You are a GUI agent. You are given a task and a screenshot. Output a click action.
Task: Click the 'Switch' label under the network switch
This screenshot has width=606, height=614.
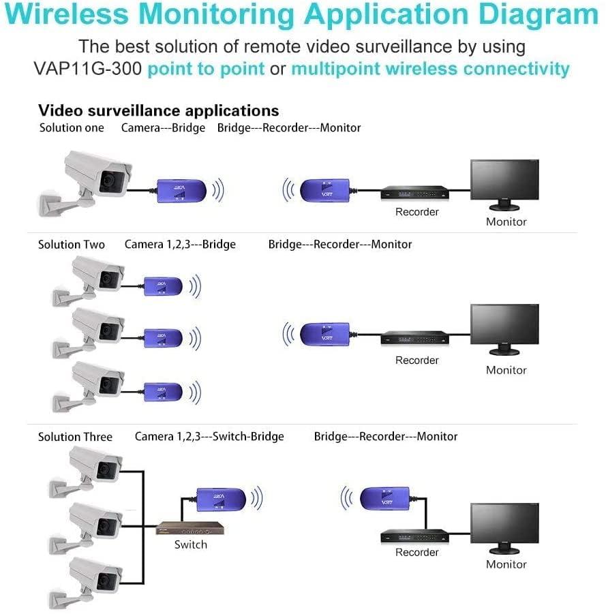point(190,544)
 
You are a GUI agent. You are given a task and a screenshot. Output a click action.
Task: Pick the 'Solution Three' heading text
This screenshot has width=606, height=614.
point(75,437)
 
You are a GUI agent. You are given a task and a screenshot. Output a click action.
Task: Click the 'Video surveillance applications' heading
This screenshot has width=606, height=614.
point(158,110)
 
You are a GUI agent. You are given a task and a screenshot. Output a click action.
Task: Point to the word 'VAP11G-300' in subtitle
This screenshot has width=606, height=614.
point(87,69)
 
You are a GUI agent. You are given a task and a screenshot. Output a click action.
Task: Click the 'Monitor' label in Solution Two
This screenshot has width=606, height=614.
point(506,370)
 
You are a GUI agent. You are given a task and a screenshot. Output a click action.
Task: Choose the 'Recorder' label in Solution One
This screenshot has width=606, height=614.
point(416,212)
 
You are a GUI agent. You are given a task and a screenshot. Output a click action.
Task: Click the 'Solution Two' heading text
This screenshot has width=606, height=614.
point(72,245)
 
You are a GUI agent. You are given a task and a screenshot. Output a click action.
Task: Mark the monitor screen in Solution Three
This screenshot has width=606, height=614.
point(504,525)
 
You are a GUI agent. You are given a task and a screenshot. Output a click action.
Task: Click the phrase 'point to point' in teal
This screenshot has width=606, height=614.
point(206,69)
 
